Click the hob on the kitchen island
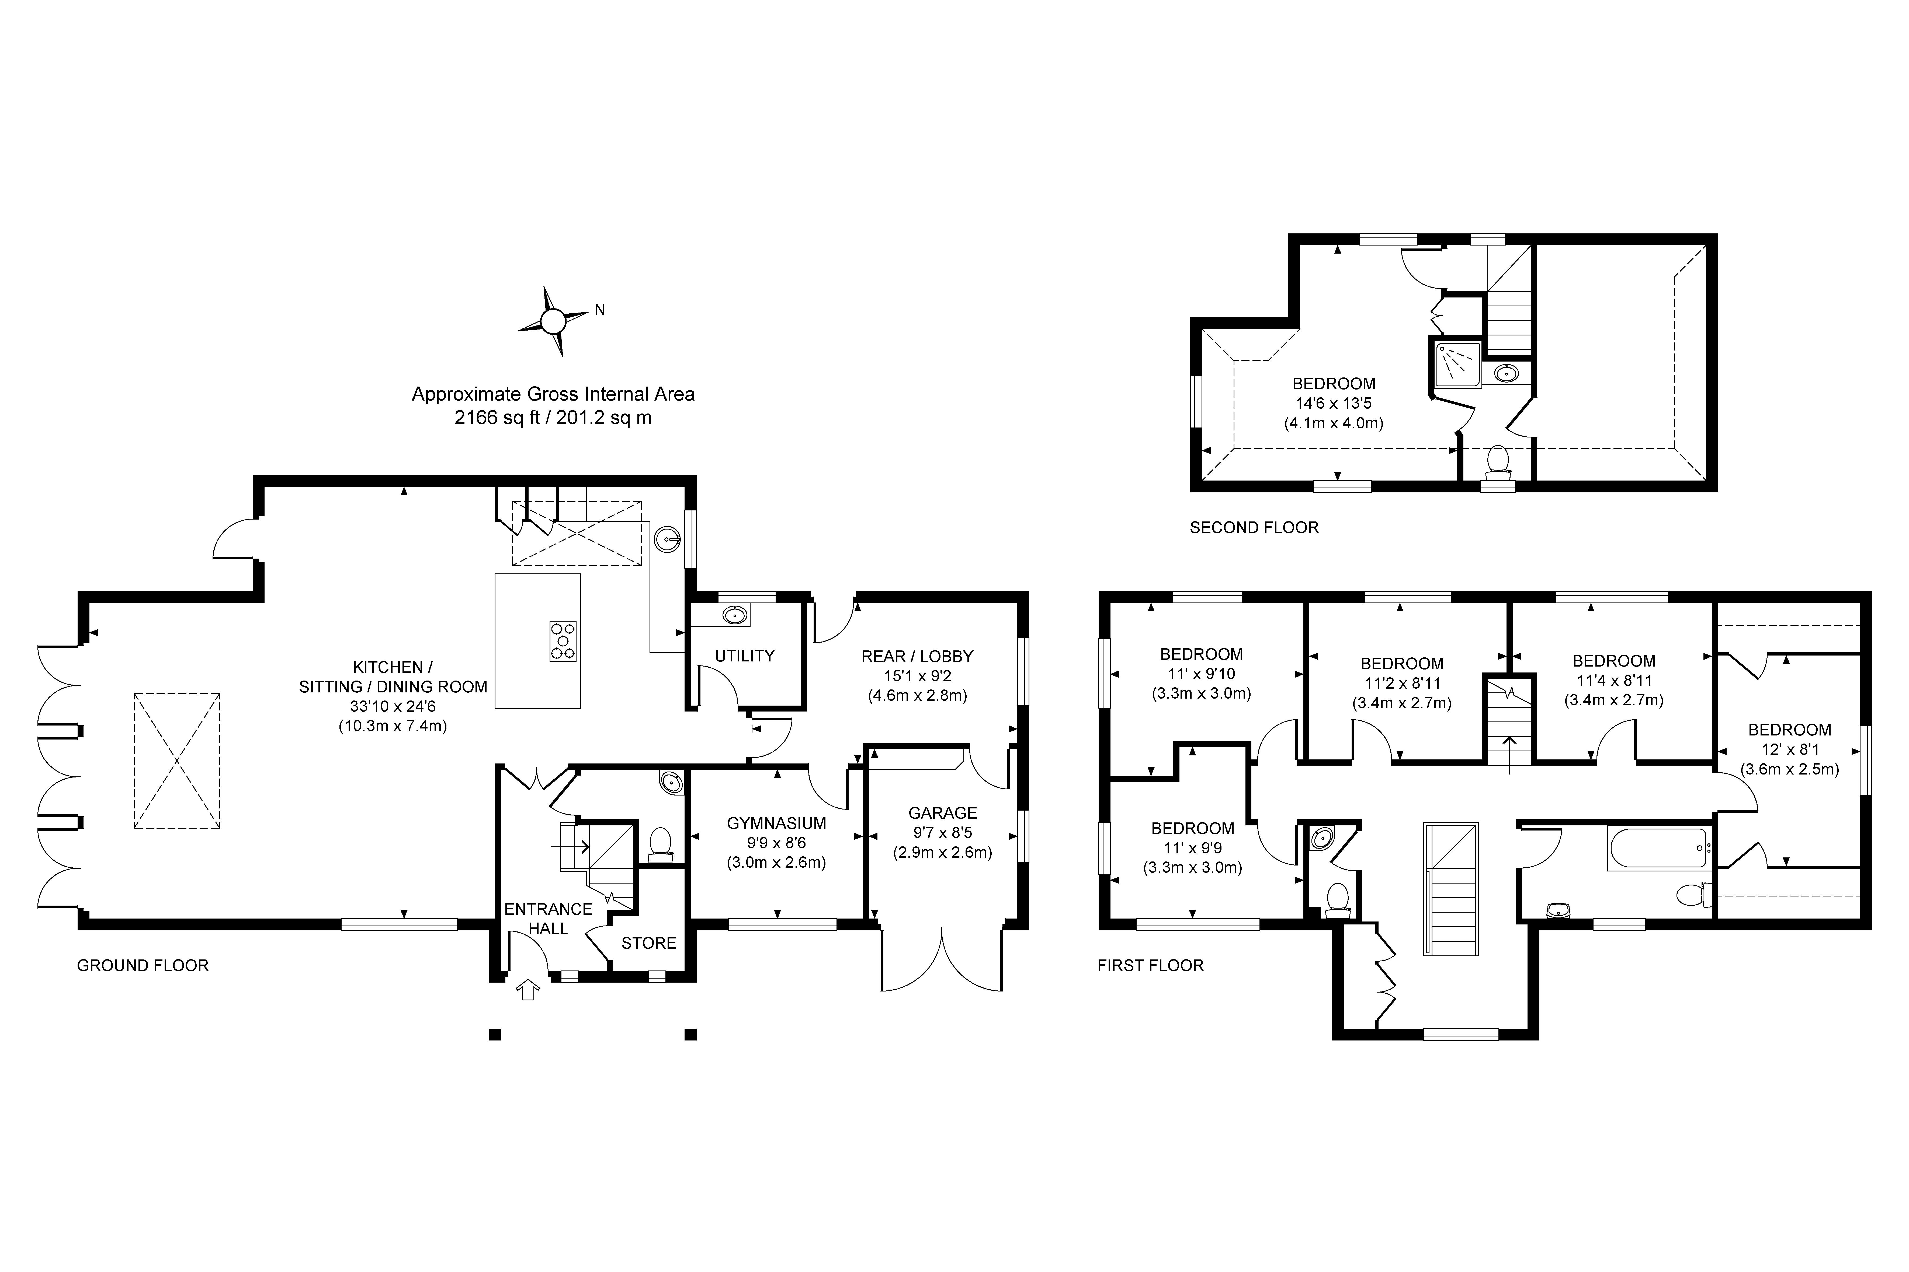563,641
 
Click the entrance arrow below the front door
528,989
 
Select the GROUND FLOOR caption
143,965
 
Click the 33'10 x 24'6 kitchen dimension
393,707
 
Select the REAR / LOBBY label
917,656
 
